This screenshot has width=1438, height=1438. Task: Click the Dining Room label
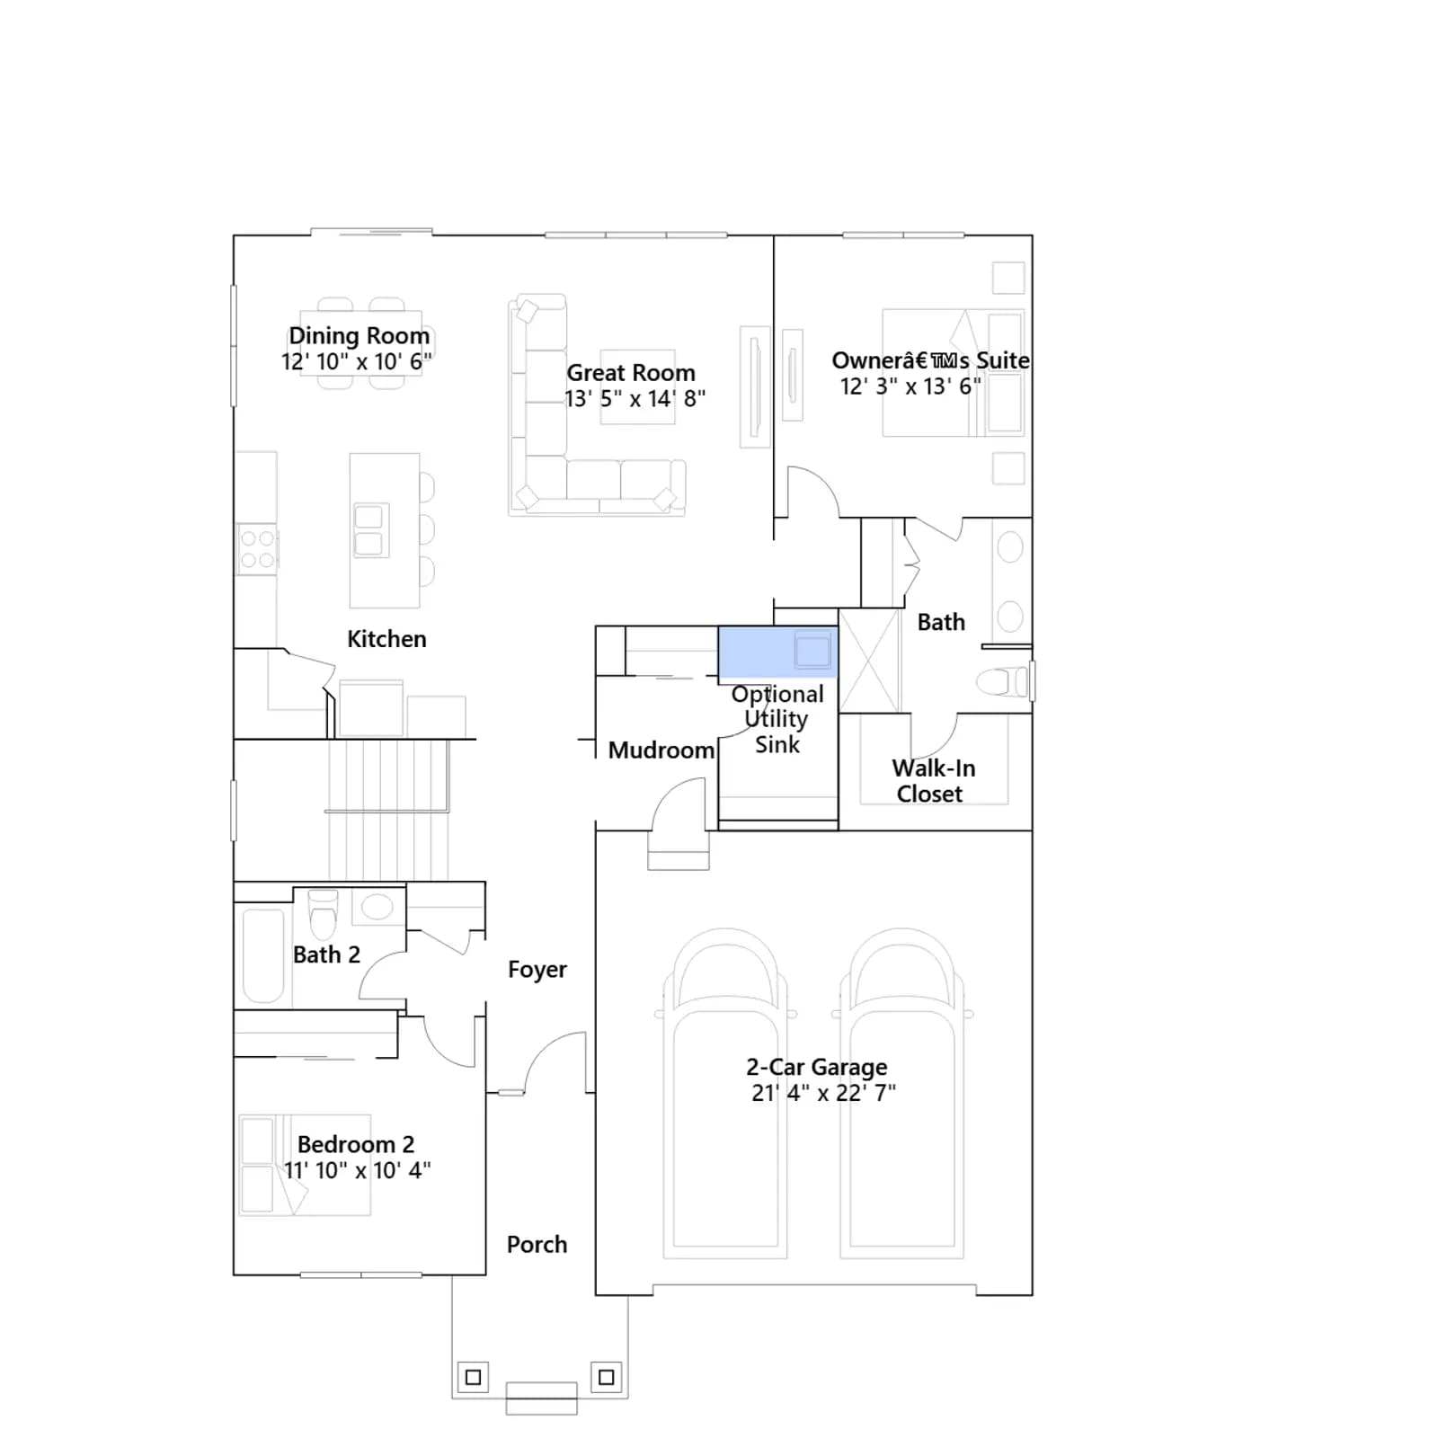tap(359, 335)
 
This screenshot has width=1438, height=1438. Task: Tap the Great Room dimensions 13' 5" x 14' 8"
tap(635, 398)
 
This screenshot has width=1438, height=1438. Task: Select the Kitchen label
tap(386, 639)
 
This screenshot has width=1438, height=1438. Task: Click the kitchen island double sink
tap(368, 530)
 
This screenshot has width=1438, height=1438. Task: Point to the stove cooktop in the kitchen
tap(257, 548)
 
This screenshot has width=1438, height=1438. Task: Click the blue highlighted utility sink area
tap(777, 652)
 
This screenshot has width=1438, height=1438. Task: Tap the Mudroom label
tap(661, 750)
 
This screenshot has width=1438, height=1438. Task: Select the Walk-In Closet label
tap(933, 781)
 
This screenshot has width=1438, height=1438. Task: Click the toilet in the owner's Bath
tap(1001, 682)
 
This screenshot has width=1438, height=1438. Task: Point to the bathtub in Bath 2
tap(263, 954)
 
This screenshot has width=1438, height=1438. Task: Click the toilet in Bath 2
tap(323, 914)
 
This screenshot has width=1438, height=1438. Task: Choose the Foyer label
tap(537, 970)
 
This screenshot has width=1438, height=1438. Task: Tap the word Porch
tap(537, 1245)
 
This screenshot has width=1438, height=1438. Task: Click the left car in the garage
tap(725, 1093)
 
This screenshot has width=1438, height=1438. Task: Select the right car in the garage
tap(902, 1093)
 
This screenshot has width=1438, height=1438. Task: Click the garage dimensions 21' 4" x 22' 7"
tap(823, 1093)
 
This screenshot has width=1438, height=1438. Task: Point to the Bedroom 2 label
tap(356, 1144)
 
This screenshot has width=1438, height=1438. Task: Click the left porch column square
tap(474, 1377)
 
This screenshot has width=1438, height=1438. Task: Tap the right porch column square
tap(607, 1377)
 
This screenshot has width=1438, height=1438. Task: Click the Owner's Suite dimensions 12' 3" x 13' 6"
tap(910, 386)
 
